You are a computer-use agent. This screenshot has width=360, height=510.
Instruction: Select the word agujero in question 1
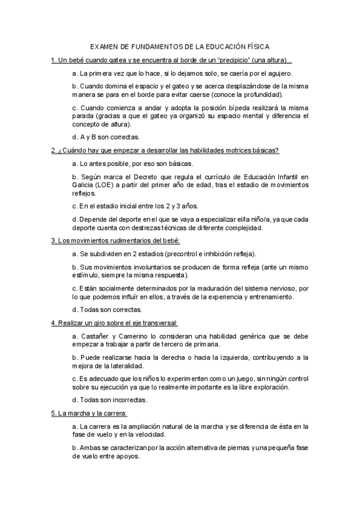coord(278,73)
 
